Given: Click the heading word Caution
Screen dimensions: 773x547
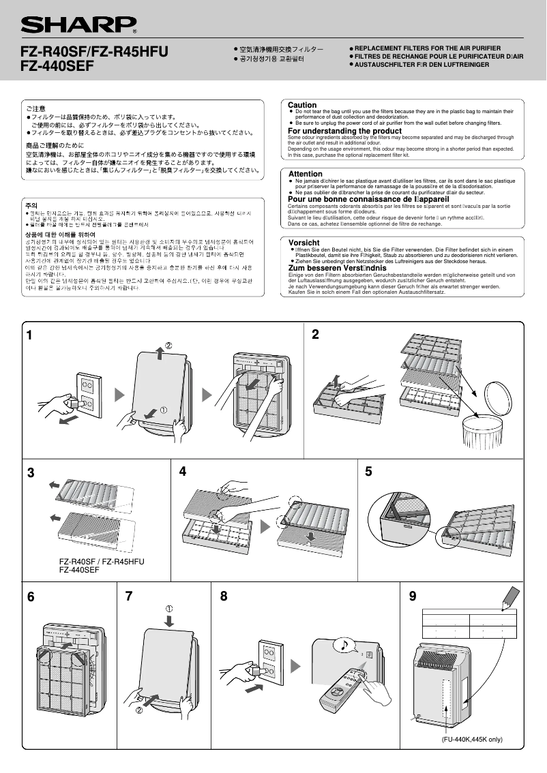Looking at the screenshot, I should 302,105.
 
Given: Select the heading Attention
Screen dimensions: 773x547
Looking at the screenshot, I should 306,175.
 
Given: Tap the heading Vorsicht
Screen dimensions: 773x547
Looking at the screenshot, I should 304,243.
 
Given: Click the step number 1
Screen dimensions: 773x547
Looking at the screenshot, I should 29,335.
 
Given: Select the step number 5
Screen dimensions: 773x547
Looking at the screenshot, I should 368,471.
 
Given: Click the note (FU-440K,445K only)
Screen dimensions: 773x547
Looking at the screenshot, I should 471,739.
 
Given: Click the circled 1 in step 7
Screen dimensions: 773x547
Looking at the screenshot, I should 169,608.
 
